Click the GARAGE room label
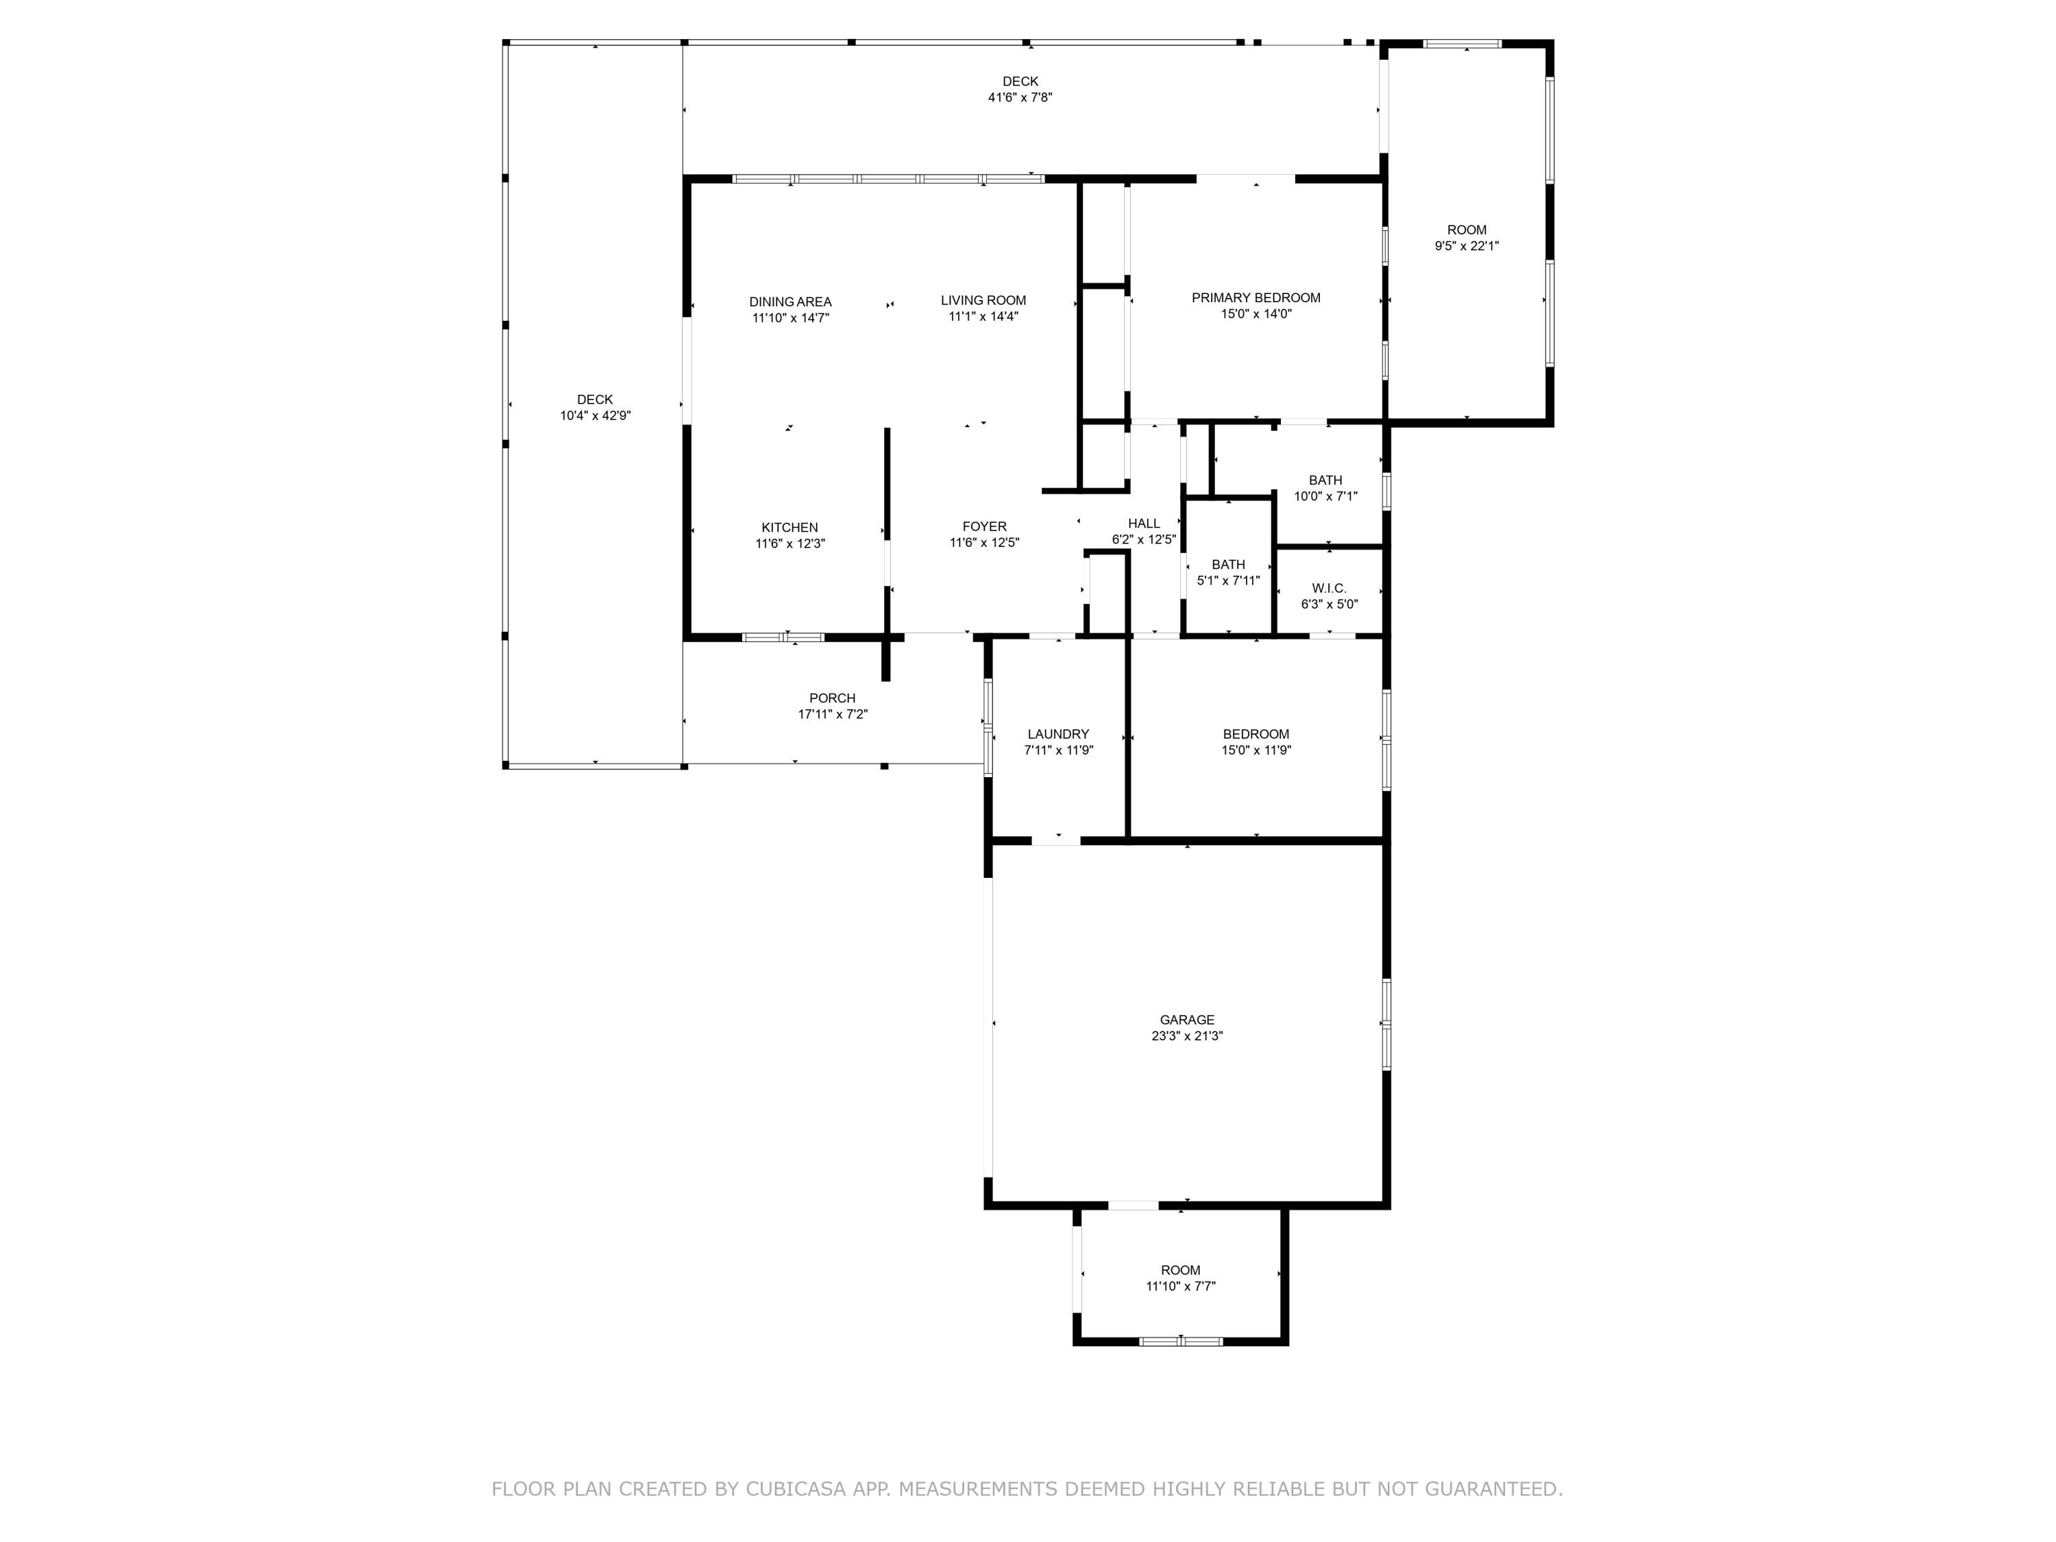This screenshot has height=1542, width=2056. click(1186, 1020)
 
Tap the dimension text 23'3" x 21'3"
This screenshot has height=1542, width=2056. click(1186, 1036)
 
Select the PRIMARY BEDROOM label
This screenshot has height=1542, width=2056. click(1256, 297)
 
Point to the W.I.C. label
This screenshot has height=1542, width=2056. click(1328, 588)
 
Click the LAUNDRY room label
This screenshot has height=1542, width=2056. click(1057, 734)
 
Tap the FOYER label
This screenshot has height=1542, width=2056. click(983, 526)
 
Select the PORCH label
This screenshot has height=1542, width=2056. click(832, 698)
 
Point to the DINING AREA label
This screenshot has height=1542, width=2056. click(790, 301)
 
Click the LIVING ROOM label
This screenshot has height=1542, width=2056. click(983, 300)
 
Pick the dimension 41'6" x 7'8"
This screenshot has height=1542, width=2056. click(1020, 97)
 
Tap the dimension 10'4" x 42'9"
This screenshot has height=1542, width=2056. click(595, 415)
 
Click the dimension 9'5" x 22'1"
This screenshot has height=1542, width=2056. click(1466, 246)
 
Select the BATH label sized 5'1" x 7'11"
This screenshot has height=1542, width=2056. click(1228, 564)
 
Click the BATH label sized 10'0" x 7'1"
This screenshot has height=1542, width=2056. click(1325, 480)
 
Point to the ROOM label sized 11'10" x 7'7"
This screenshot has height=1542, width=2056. click(1179, 1270)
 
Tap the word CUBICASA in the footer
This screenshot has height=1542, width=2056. click(795, 1488)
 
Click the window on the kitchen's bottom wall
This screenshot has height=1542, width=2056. click(783, 637)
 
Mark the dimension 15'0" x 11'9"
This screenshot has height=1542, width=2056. click(1256, 750)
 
